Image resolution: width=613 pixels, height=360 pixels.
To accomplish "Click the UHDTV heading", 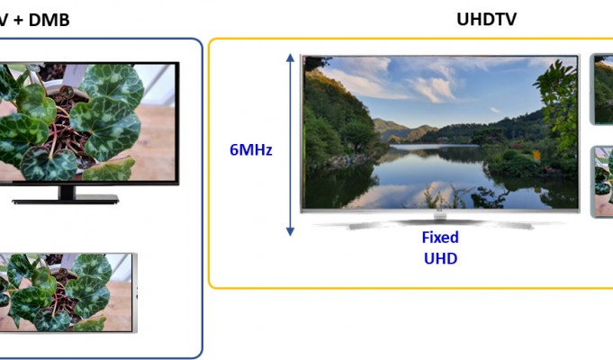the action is click(486, 19).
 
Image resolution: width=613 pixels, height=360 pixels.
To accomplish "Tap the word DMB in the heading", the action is click(49, 20).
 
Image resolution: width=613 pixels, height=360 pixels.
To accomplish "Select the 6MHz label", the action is click(250, 149).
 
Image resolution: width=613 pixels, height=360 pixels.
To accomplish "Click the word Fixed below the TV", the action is click(440, 238).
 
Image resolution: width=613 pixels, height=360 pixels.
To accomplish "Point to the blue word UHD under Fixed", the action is click(440, 258).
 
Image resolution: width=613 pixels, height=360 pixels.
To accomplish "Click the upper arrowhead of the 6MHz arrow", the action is click(290, 58).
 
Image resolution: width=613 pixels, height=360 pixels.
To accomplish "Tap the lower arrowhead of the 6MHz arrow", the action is click(290, 231).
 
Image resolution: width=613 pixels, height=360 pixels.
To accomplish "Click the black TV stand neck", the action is click(67, 192).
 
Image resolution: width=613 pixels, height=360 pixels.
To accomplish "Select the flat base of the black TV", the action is click(66, 202).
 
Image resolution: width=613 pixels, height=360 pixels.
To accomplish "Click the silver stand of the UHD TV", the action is click(440, 223).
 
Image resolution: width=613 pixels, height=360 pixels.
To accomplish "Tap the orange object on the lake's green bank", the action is click(536, 156).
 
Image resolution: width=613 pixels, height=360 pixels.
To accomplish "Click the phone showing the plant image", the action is click(68, 292).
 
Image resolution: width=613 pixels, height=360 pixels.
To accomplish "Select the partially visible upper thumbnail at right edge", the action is click(601, 89).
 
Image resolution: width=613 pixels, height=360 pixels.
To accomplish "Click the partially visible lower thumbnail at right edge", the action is click(602, 182).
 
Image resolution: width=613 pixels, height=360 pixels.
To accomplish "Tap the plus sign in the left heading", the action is click(18, 21).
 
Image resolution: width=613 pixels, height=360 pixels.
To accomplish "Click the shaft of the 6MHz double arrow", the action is click(290, 145).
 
